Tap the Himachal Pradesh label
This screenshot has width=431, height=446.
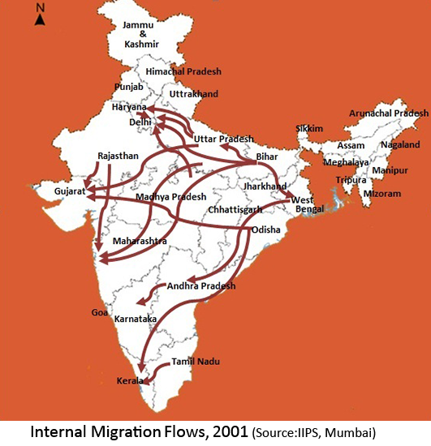[x=182, y=72]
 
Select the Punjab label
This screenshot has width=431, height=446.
[x=130, y=88]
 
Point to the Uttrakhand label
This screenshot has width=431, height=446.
[x=195, y=95]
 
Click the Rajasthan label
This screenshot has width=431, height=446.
[x=119, y=155]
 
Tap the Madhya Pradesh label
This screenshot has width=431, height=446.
[x=170, y=197]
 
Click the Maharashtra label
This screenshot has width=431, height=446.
[x=140, y=242]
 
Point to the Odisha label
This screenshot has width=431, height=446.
[x=265, y=230]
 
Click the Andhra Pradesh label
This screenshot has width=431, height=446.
[x=201, y=286]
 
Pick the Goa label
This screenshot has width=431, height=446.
[x=100, y=312]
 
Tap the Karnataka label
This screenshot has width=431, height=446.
[x=136, y=319]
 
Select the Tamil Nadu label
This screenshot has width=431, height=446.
[x=196, y=362]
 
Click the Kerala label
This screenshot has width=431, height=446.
[x=129, y=380]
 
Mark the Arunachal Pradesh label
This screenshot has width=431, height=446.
[x=388, y=114]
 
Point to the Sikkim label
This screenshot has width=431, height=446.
[x=309, y=129]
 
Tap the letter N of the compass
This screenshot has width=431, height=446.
[x=40, y=6]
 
